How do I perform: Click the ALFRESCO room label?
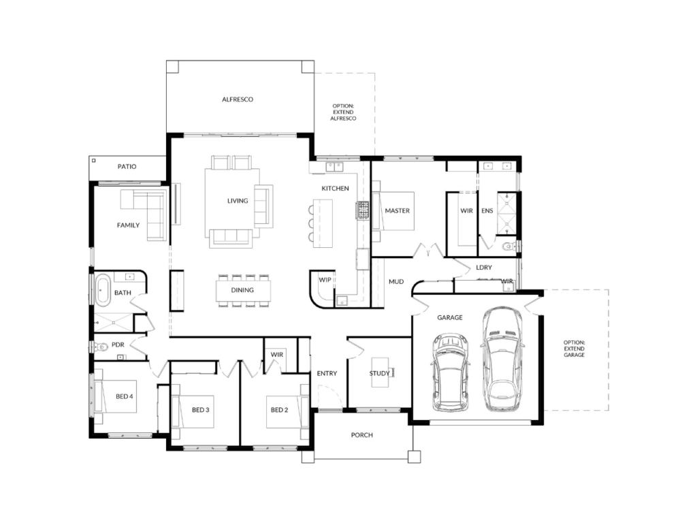point(238,99)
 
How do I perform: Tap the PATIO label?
point(127,166)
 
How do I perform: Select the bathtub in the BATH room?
point(103,290)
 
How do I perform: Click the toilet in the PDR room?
point(101,346)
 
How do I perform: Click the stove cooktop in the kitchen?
point(363,210)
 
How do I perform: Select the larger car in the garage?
point(502,358)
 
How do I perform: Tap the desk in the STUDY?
point(380,372)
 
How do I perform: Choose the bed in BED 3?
point(193,411)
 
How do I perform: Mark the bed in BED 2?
point(287,412)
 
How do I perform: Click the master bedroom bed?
point(393,211)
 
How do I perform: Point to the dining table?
point(243,291)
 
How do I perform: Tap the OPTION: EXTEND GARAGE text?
point(574,349)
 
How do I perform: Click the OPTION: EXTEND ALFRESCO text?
point(343,112)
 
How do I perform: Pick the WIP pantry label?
point(325,280)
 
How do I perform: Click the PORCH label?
point(362,435)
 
